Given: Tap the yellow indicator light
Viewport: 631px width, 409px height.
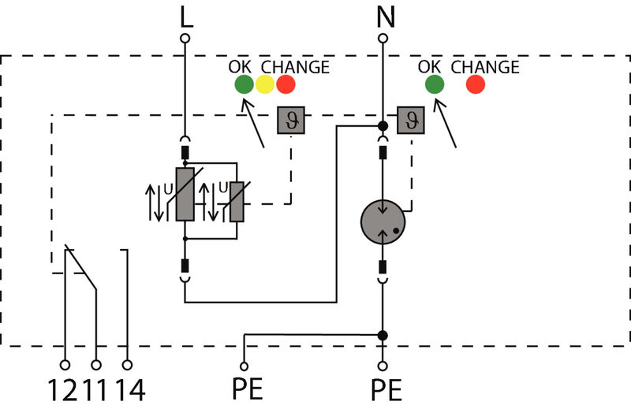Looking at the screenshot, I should point(265,84).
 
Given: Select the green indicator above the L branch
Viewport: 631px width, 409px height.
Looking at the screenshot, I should point(243,84).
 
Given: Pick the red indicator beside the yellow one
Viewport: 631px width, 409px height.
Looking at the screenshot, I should point(286,84).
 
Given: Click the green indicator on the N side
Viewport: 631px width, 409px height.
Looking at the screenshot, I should point(434,84).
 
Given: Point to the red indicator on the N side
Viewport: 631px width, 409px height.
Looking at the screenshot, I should point(475,84).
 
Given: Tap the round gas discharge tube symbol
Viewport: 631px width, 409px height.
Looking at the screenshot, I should point(383,220).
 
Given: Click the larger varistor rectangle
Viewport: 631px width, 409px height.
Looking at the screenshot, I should point(185,194).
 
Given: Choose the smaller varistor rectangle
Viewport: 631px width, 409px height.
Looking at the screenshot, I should point(236,201).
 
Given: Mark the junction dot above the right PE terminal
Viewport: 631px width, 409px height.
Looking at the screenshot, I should point(383,335).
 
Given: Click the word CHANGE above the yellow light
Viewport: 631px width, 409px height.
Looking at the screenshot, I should point(295,67).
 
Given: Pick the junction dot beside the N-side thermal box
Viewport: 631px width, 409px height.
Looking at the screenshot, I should point(383,126).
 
